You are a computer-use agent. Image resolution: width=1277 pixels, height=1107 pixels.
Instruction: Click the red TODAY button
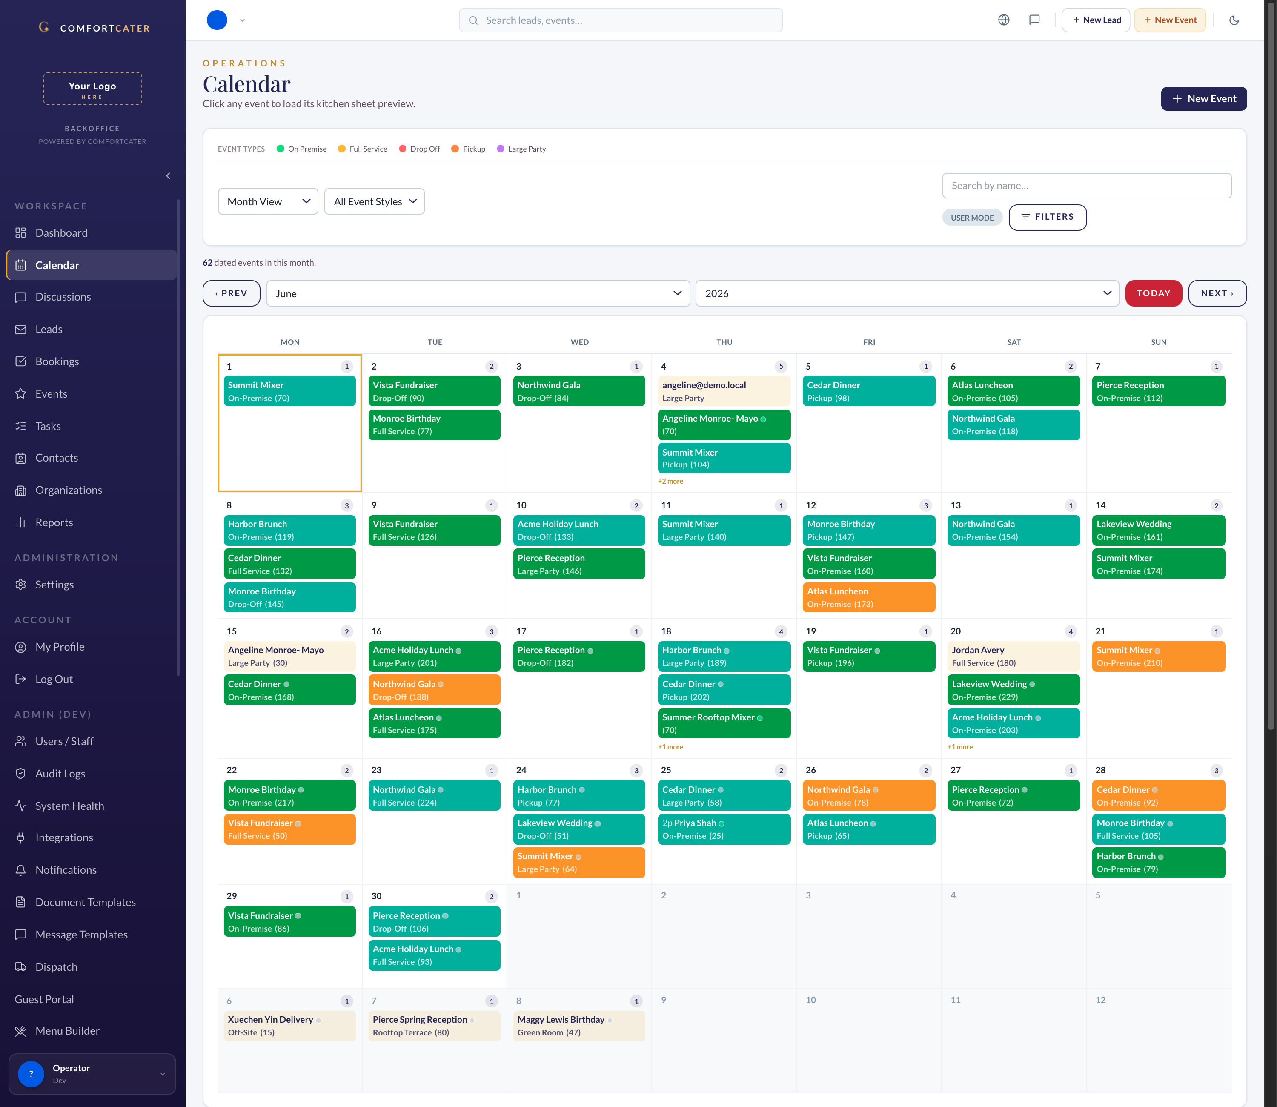[x=1153, y=293]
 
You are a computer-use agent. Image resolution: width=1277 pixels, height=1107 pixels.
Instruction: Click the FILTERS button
[x=1047, y=217]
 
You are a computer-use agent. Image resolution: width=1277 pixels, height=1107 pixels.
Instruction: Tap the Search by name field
[x=1086, y=185]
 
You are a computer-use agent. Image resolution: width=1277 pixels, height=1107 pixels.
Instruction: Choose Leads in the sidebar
[x=49, y=329]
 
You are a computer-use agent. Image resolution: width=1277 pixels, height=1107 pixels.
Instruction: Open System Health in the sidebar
[x=69, y=806]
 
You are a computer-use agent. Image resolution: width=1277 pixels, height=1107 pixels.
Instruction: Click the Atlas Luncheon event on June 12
[x=869, y=597]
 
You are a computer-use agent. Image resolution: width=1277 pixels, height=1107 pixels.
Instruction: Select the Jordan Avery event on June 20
[x=1014, y=656]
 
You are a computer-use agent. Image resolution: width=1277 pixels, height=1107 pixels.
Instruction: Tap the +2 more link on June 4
[x=670, y=481]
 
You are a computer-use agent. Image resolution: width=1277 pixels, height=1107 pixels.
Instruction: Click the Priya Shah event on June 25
[x=724, y=829]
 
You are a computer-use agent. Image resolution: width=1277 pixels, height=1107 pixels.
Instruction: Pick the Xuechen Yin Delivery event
[x=289, y=1025]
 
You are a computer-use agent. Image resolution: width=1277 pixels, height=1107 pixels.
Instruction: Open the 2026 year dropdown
[x=907, y=293]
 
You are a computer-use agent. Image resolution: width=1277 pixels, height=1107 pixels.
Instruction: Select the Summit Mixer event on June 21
[x=1158, y=656]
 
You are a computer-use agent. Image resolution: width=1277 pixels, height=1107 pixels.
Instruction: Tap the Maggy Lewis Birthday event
[x=578, y=1025]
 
